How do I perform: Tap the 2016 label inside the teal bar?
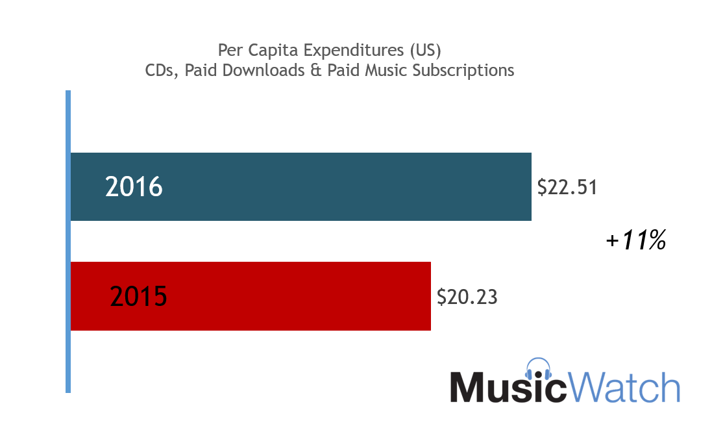[x=134, y=187]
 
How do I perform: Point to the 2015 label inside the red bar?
[x=138, y=297]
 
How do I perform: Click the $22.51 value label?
[x=567, y=187]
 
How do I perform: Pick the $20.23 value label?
[x=467, y=297]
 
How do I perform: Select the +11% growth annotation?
[x=636, y=241]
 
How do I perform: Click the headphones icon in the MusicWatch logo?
[x=538, y=370]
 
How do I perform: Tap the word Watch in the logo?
[x=624, y=387]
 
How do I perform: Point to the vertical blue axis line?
[x=68, y=241]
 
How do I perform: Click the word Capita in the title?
[x=267, y=50]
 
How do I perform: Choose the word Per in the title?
[x=229, y=50]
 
